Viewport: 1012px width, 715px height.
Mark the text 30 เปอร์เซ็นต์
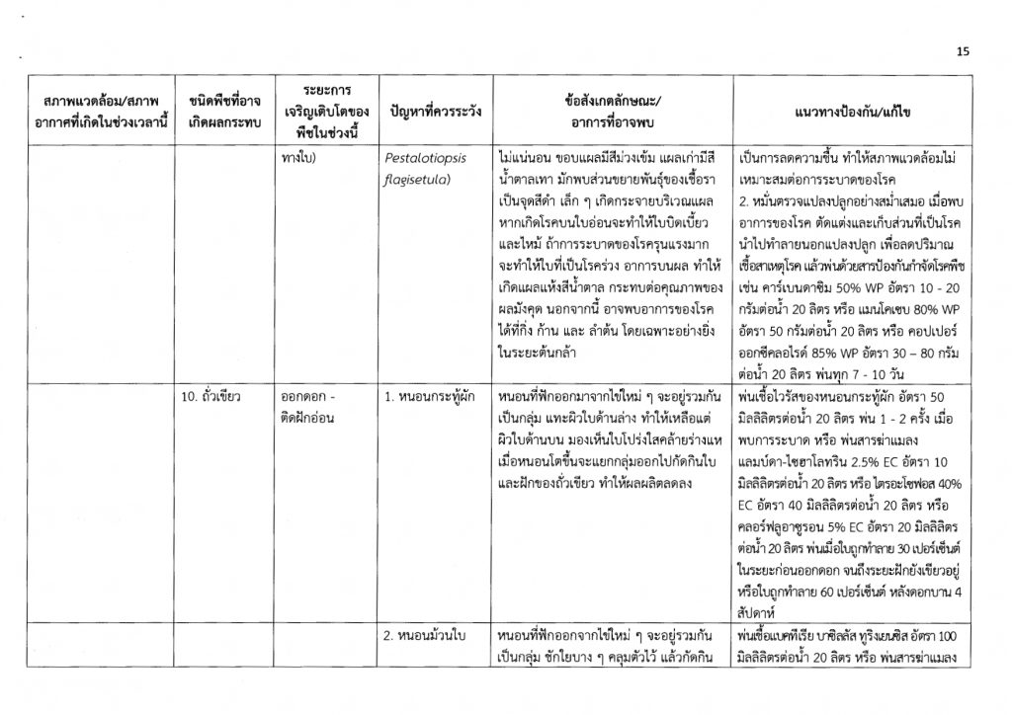932,544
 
